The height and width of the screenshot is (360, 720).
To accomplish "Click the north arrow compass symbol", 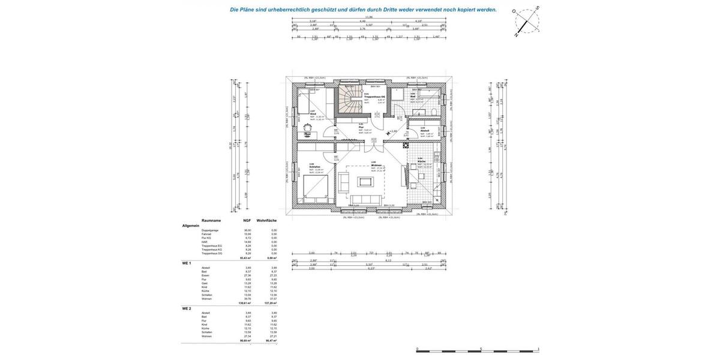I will pyautogui.click(x=527, y=22).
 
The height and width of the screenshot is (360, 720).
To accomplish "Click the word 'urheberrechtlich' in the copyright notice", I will pyautogui.click(x=289, y=10).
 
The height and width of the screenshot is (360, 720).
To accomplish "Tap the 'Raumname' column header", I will pyautogui.click(x=211, y=220).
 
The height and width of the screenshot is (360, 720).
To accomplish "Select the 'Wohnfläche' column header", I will pyautogui.click(x=266, y=220).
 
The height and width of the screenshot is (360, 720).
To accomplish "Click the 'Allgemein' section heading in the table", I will pyautogui.click(x=191, y=226).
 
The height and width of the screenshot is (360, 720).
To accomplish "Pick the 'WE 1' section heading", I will pyautogui.click(x=187, y=263).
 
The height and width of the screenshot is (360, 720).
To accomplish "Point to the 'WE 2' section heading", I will pyautogui.click(x=187, y=308).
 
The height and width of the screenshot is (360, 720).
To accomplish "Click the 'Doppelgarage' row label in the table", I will pyautogui.click(x=210, y=230).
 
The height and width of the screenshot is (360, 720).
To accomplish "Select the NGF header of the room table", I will pyautogui.click(x=247, y=220).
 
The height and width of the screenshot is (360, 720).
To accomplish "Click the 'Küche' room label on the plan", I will pyautogui.click(x=422, y=161).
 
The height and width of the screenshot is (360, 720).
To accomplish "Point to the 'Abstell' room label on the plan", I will pyautogui.click(x=424, y=130).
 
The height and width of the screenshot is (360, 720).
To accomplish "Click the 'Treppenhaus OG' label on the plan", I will pyautogui.click(x=374, y=97).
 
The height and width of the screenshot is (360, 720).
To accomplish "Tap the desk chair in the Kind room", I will pyautogui.click(x=308, y=127).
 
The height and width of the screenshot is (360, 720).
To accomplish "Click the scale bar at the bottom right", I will pyautogui.click(x=477, y=351).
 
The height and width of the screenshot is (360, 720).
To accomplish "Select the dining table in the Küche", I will pyautogui.click(x=422, y=176).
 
